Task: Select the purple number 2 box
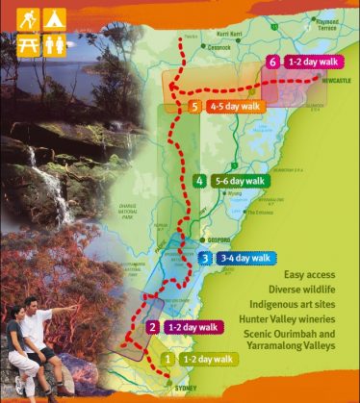tap(153, 327)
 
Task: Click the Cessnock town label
tap(219, 45)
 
